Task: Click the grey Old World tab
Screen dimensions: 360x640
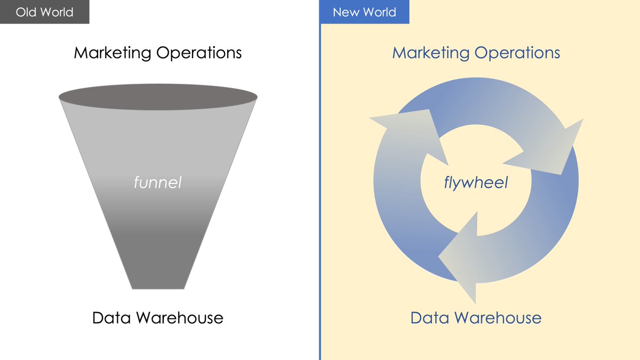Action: [44, 12]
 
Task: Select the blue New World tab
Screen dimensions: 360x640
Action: [364, 12]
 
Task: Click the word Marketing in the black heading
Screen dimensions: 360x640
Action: [113, 53]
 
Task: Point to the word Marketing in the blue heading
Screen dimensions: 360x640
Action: [431, 53]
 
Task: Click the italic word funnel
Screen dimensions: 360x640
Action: [157, 183]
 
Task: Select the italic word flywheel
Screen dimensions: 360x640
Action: [476, 183]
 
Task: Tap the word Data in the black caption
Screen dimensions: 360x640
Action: [111, 318]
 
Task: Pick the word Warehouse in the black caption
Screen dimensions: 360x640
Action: [180, 318]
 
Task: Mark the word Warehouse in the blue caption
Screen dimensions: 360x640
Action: [498, 318]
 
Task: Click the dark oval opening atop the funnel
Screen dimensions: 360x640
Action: [158, 97]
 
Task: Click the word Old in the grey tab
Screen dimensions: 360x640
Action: [26, 12]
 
